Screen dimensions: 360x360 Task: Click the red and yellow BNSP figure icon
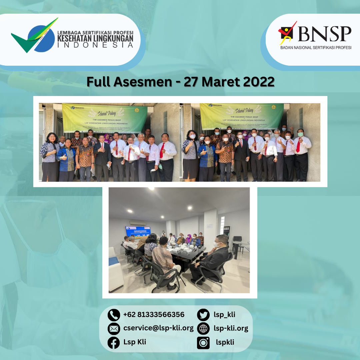point(287,33)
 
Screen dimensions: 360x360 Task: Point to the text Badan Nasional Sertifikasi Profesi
point(316,48)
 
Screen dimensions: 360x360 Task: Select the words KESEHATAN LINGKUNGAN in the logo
point(95,38)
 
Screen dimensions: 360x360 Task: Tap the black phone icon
point(114,315)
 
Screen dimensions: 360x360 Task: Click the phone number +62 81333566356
point(154,315)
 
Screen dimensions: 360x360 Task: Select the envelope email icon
point(114,329)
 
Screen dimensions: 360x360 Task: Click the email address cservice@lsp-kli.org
point(158,328)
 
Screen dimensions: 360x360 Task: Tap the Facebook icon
point(114,343)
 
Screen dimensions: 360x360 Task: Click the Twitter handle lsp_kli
point(224,315)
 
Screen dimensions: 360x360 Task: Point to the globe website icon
point(203,329)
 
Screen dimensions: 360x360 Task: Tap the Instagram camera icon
point(203,343)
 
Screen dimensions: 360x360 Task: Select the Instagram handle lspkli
point(225,342)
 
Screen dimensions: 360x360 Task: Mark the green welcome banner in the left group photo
point(105,118)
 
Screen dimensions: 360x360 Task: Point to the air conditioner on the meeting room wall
point(138,222)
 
